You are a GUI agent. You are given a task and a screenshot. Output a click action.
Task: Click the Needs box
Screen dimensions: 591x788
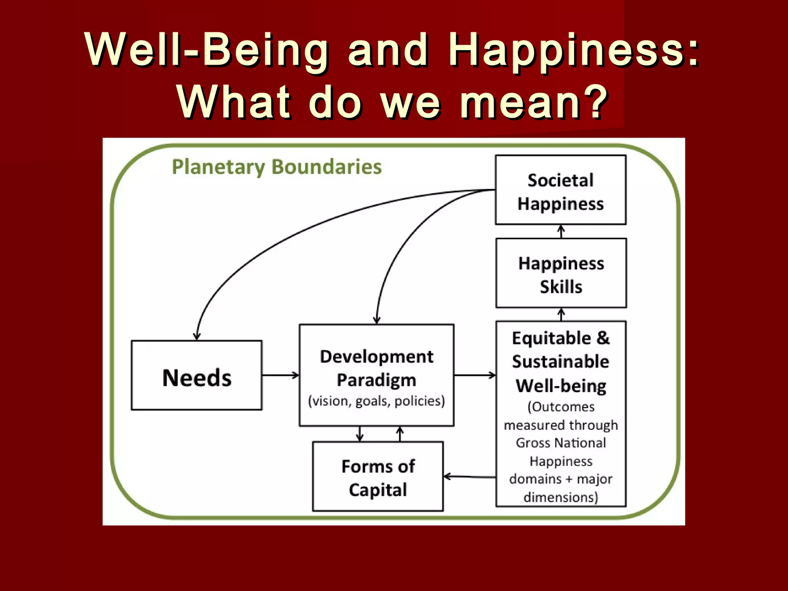click(197, 376)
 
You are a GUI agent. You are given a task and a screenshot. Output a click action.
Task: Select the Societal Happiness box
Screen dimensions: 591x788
click(561, 190)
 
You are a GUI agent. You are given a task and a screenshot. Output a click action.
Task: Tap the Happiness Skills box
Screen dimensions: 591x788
click(561, 273)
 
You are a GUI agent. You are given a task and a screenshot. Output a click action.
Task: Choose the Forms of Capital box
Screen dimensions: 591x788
click(378, 477)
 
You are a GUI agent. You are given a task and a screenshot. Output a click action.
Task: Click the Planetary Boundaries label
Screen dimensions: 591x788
click(277, 167)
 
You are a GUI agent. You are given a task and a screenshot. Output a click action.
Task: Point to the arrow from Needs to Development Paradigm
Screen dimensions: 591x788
click(280, 375)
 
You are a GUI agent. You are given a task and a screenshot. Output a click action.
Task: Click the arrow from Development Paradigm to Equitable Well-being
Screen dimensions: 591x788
click(475, 375)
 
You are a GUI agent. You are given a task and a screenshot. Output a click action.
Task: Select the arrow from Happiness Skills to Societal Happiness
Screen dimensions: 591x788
click(561, 232)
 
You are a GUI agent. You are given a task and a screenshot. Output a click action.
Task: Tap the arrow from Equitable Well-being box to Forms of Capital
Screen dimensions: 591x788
click(469, 477)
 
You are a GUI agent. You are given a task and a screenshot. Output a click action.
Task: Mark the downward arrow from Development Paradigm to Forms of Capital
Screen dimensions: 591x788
click(360, 434)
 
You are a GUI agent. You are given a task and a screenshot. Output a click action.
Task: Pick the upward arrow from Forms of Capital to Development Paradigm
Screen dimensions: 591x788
click(400, 434)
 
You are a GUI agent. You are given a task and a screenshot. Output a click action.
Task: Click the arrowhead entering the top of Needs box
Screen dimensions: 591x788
click(197, 336)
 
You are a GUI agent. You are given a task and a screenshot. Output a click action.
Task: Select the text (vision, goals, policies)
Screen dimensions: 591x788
click(376, 401)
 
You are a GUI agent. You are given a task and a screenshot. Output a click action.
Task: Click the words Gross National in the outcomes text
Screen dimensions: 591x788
click(561, 443)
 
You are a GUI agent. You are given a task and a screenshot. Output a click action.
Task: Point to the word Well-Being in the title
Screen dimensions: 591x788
click(207, 50)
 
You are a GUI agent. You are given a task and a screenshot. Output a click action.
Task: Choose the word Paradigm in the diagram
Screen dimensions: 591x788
click(376, 380)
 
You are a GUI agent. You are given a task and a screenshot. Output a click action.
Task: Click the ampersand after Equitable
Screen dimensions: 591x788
click(603, 338)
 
